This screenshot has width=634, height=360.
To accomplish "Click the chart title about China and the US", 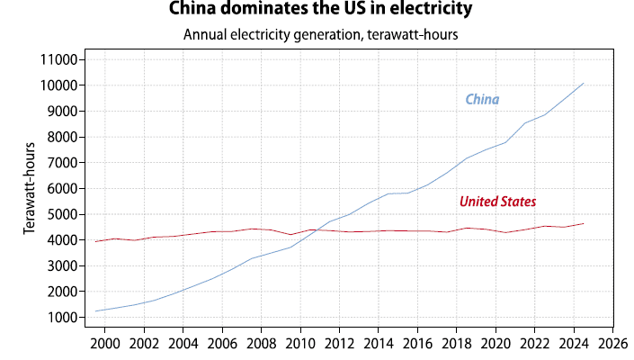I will pyautogui.click(x=321, y=11).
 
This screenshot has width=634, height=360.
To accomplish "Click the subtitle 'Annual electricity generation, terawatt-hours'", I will pyautogui.click(x=321, y=35).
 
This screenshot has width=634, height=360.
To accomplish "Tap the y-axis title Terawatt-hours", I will pyautogui.click(x=30, y=188).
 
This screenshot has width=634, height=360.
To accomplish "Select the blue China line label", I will pyautogui.click(x=482, y=99).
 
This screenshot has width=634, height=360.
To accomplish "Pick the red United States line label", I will pyautogui.click(x=497, y=202).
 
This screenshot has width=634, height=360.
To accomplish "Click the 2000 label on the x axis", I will pyautogui.click(x=105, y=342).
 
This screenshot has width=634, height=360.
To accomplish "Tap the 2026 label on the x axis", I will pyautogui.click(x=613, y=342).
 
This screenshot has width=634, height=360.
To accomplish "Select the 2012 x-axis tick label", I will pyautogui.click(x=340, y=342).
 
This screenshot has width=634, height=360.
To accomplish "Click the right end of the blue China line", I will pyautogui.click(x=584, y=83).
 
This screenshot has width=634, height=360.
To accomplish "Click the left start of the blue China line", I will pyautogui.click(x=95, y=311).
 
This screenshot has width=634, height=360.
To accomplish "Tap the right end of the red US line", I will pyautogui.click(x=584, y=223).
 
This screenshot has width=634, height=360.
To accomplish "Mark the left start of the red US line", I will pyautogui.click(x=95, y=241).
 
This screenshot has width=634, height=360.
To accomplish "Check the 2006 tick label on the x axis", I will pyautogui.click(x=222, y=342).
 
